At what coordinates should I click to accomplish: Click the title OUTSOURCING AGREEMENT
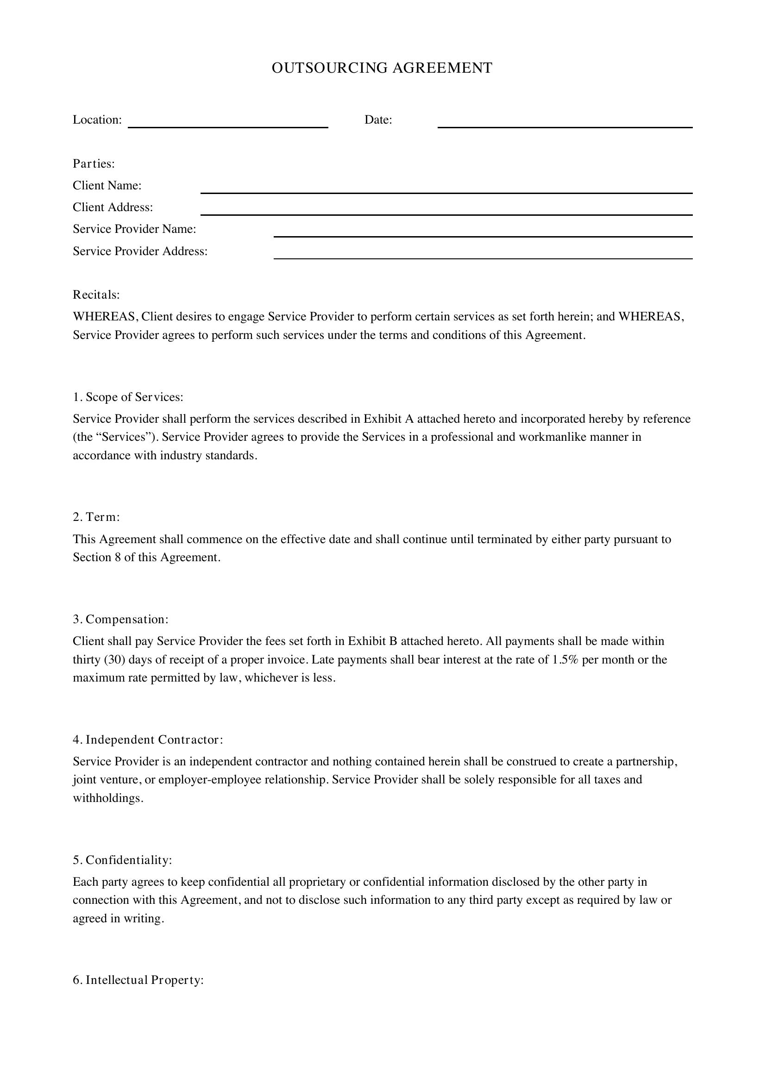pyautogui.click(x=382, y=68)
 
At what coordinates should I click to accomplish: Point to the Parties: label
pyautogui.click(x=94, y=163)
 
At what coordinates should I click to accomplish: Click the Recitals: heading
pyautogui.click(x=96, y=295)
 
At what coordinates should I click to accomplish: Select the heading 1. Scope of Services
pyautogui.click(x=128, y=397)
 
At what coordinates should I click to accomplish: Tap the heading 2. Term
pyautogui.click(x=96, y=517)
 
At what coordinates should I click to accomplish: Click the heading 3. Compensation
pyautogui.click(x=120, y=619)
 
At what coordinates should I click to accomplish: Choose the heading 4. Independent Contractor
pyautogui.click(x=148, y=739)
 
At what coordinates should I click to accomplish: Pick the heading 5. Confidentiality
pyautogui.click(x=122, y=860)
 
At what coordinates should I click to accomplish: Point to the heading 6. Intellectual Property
pyautogui.click(x=138, y=980)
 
